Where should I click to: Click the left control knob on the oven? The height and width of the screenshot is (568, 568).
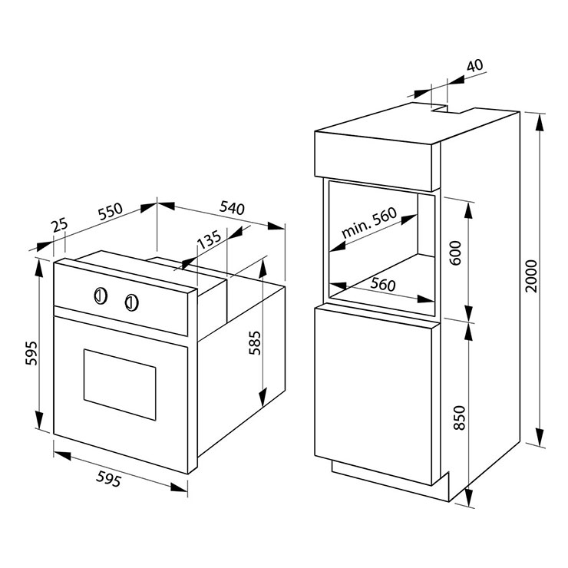[x=101, y=296]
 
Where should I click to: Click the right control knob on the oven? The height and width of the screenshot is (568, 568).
[x=132, y=302]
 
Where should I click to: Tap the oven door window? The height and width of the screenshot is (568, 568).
[x=120, y=385]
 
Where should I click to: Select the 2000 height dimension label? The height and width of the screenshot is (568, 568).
[x=531, y=276]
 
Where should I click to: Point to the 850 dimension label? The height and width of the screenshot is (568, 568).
[x=459, y=418]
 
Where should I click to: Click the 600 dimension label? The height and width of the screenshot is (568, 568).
[x=456, y=253]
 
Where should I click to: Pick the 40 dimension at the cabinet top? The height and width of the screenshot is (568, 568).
[x=474, y=65]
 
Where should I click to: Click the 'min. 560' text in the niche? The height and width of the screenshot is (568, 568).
[x=369, y=223]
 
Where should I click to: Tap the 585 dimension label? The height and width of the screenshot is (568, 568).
[x=255, y=342]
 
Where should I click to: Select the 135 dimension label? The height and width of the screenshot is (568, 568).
[x=209, y=239]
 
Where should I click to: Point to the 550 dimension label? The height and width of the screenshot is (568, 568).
[x=111, y=212]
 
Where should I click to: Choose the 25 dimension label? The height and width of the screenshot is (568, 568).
[x=59, y=225]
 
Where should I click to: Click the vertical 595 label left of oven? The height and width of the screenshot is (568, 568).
[x=31, y=353]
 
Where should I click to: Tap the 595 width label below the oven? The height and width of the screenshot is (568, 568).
[x=108, y=479]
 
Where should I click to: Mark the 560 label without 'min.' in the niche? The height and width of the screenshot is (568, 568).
[x=383, y=284]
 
